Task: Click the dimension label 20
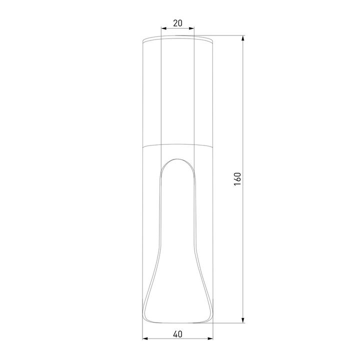[x=177, y=23]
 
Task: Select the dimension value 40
[x=178, y=333]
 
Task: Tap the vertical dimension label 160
[x=237, y=179]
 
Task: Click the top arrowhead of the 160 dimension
[x=243, y=38]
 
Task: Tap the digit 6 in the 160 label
[x=237, y=179]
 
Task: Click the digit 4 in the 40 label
[x=175, y=333]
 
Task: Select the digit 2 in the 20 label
[x=175, y=23]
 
